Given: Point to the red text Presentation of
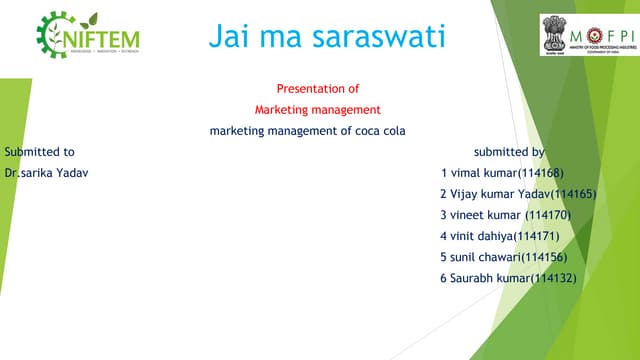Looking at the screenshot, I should point(317,89).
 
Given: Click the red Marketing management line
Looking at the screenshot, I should point(317,110).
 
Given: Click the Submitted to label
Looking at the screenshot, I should point(39,152).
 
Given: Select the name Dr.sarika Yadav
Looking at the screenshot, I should point(46,173).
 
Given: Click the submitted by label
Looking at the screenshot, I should point(509,152).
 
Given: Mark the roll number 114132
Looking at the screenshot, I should point(554,277).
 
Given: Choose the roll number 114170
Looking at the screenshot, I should point(548,215).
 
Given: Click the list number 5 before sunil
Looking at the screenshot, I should point(443,257).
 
